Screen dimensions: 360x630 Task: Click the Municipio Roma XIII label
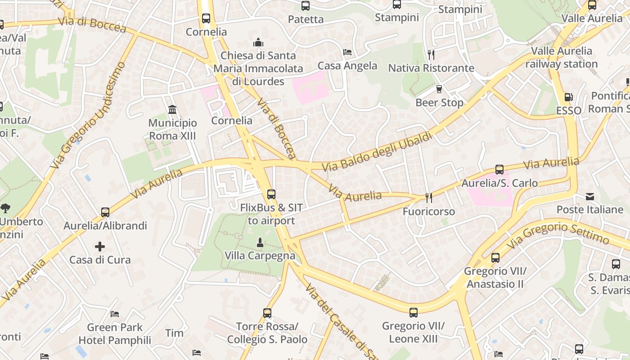[173, 129]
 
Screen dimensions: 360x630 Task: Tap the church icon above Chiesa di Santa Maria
[258, 42]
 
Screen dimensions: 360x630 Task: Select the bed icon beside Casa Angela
[347, 52]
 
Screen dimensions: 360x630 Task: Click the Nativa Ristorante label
[431, 68]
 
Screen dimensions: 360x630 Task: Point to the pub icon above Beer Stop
[439, 89]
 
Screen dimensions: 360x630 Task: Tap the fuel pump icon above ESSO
[568, 97]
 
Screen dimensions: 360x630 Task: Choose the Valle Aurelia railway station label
[561, 58]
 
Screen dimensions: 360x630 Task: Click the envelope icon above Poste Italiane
[590, 197]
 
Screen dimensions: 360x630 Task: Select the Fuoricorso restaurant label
[428, 211]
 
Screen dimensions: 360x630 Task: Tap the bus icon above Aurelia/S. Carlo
[499, 170]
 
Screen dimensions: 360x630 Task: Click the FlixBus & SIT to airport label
[271, 214]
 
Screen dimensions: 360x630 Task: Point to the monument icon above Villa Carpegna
[260, 243]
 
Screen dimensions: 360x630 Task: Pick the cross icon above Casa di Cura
[100, 247]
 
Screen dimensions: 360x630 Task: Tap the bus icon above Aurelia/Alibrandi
[105, 212]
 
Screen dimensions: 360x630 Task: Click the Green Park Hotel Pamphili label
[115, 334]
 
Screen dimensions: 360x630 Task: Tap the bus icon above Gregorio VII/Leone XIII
[413, 312]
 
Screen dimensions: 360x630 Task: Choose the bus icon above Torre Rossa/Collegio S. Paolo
[267, 313]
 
